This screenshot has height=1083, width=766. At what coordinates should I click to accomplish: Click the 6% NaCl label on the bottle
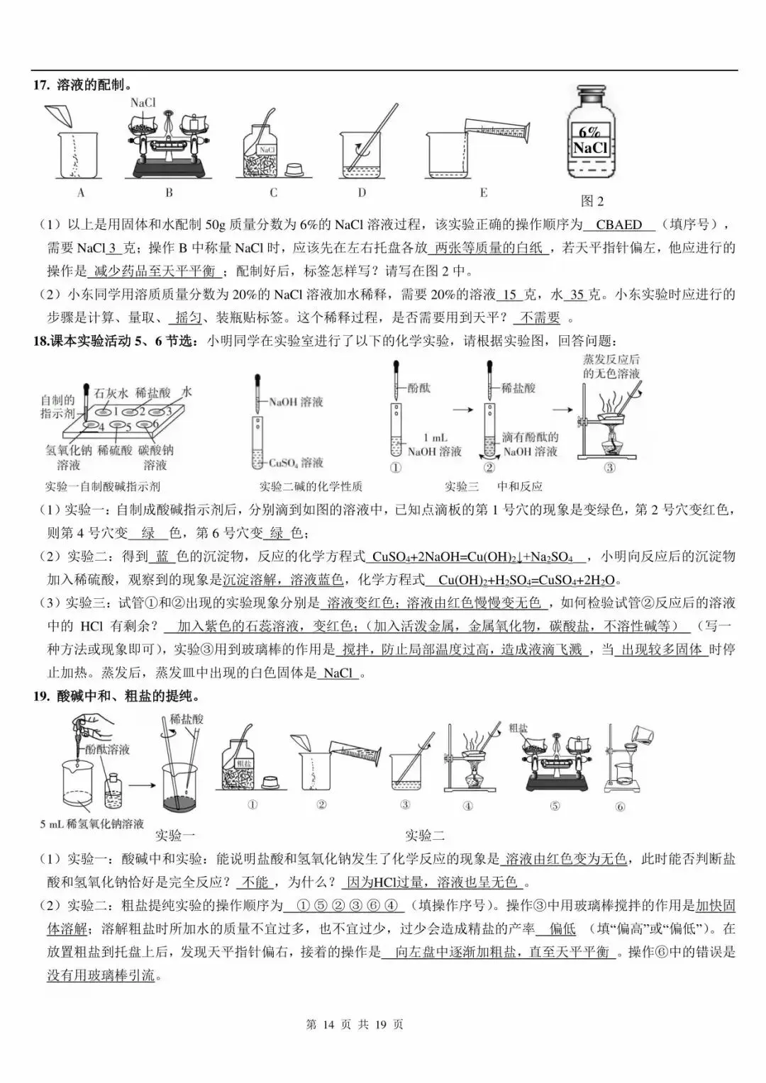tap(590, 140)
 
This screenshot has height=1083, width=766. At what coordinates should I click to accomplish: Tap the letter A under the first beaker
tap(80, 193)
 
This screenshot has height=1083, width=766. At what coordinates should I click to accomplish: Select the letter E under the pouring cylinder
tap(484, 193)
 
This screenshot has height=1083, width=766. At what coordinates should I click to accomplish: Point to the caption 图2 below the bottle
tap(592, 201)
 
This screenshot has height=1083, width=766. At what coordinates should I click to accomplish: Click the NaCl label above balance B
tap(143, 103)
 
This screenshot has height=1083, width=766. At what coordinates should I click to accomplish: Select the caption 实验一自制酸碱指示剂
tap(103, 486)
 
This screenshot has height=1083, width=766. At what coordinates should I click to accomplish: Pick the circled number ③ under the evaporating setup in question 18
tap(609, 468)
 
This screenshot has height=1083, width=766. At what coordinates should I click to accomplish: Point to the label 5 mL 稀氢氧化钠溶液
tap(92, 824)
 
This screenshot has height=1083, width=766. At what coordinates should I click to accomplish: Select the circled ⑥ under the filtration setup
tap(620, 807)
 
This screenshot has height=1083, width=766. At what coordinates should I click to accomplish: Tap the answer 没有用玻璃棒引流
tap(101, 976)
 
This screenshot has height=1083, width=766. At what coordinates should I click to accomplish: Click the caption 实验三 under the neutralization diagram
tap(462, 486)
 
